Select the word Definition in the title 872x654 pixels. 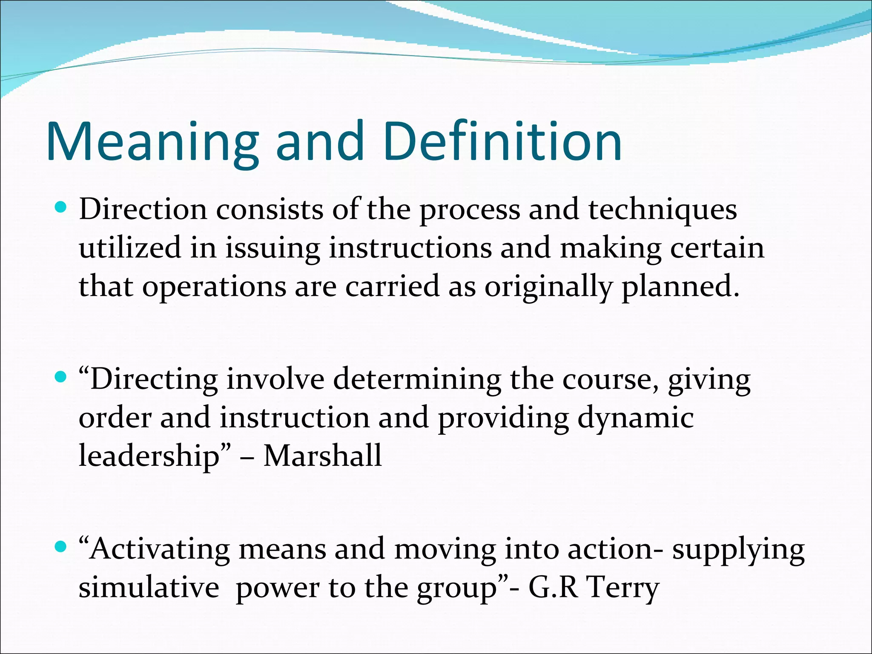pos(502,143)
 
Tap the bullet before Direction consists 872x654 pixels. pos(61,208)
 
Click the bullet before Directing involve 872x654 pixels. pos(61,377)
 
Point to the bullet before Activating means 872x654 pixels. pos(61,547)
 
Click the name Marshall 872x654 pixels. pos(322,456)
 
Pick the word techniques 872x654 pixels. pos(663,211)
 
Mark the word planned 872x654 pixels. pos(680,287)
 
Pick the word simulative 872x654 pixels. pos(149,588)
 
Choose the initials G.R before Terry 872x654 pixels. pos(553,588)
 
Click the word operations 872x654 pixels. pos(214,287)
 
